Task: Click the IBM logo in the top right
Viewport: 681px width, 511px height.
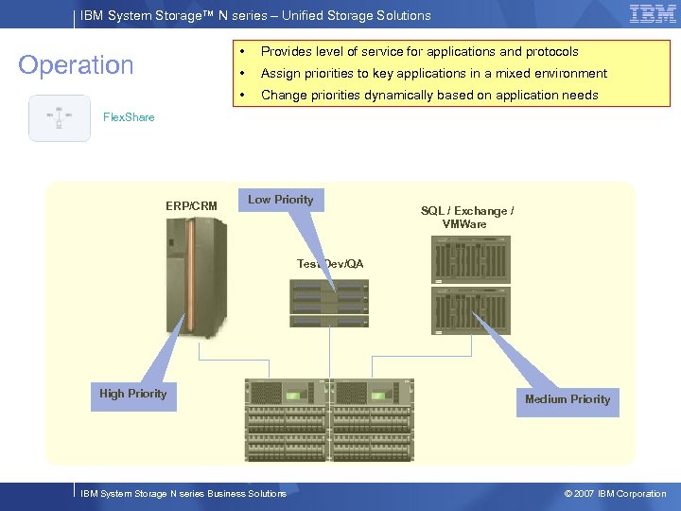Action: click(652, 14)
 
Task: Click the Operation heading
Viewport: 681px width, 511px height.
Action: click(77, 65)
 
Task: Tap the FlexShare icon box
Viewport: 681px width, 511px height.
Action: click(60, 118)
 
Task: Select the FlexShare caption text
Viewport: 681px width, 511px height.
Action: click(129, 117)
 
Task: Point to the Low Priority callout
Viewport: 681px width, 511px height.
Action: click(280, 200)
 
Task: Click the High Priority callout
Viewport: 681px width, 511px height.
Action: click(132, 395)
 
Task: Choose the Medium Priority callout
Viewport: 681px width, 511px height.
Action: click(567, 399)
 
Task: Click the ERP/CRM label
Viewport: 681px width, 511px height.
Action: click(191, 206)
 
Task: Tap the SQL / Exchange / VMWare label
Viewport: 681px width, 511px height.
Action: click(467, 218)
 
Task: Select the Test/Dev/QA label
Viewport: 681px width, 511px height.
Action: click(330, 264)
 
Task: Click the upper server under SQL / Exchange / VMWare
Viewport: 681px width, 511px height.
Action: click(471, 258)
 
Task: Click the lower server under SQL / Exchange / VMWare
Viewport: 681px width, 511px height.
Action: click(471, 310)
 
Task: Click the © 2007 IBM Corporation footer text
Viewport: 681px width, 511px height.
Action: click(615, 494)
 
